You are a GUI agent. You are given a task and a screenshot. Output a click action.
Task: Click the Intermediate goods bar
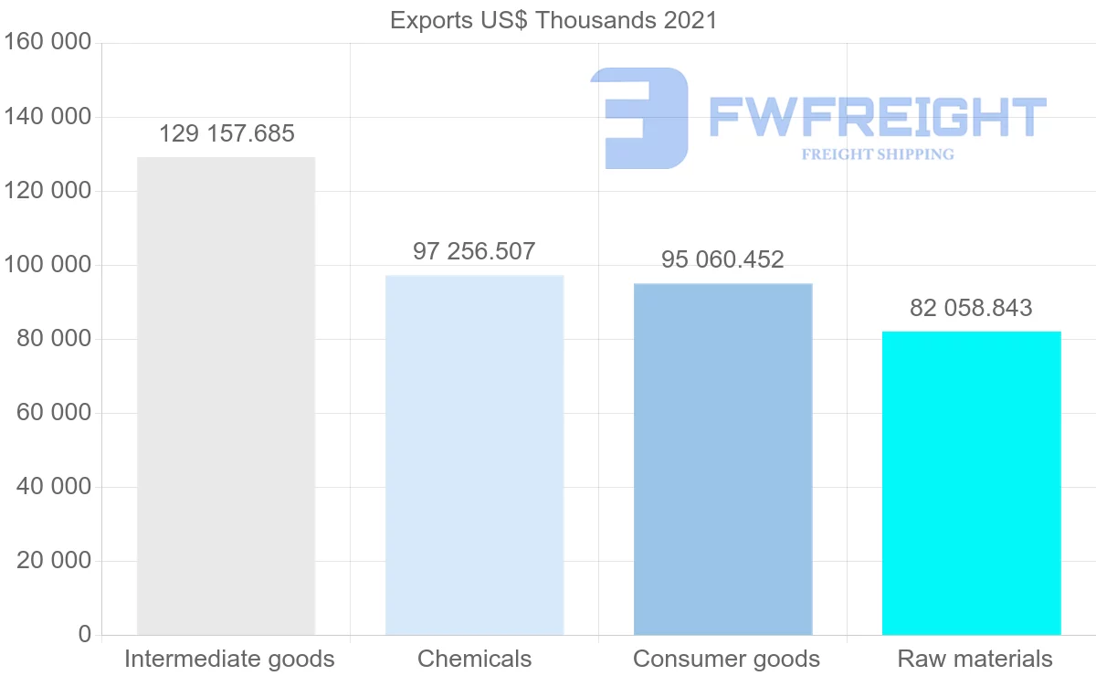pyautogui.click(x=226, y=396)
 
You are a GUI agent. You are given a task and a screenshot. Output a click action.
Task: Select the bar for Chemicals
pyautogui.click(x=474, y=454)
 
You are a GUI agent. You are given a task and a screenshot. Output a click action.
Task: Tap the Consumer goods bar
pyautogui.click(x=722, y=459)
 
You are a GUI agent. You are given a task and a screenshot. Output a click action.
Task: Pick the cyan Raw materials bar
pyautogui.click(x=971, y=482)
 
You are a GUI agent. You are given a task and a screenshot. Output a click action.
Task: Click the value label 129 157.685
pyautogui.click(x=227, y=134)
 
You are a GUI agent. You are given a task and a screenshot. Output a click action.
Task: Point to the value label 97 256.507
pyautogui.click(x=474, y=252)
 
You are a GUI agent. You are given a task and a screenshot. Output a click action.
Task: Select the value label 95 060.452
pyautogui.click(x=722, y=260)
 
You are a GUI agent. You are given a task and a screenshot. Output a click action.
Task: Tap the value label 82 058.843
pyautogui.click(x=971, y=308)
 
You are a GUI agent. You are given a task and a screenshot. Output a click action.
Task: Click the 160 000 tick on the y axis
pyautogui.click(x=48, y=43)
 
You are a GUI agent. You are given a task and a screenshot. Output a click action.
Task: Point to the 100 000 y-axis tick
pyautogui.click(x=48, y=265)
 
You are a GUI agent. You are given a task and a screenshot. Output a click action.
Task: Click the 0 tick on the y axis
pyautogui.click(x=85, y=634)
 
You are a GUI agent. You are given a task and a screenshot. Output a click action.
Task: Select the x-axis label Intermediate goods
pyautogui.click(x=229, y=659)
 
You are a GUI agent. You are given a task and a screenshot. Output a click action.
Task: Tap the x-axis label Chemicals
pyautogui.click(x=474, y=659)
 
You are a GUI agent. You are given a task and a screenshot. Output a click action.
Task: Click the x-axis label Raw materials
pyautogui.click(x=975, y=659)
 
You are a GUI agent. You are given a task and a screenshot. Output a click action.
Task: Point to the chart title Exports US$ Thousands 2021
pyautogui.click(x=553, y=20)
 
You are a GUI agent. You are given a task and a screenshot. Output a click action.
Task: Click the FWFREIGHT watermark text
pyautogui.click(x=877, y=118)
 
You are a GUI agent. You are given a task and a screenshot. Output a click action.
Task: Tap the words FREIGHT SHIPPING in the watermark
pyautogui.click(x=878, y=154)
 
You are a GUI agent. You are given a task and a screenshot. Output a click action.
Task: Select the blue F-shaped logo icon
pyautogui.click(x=638, y=118)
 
